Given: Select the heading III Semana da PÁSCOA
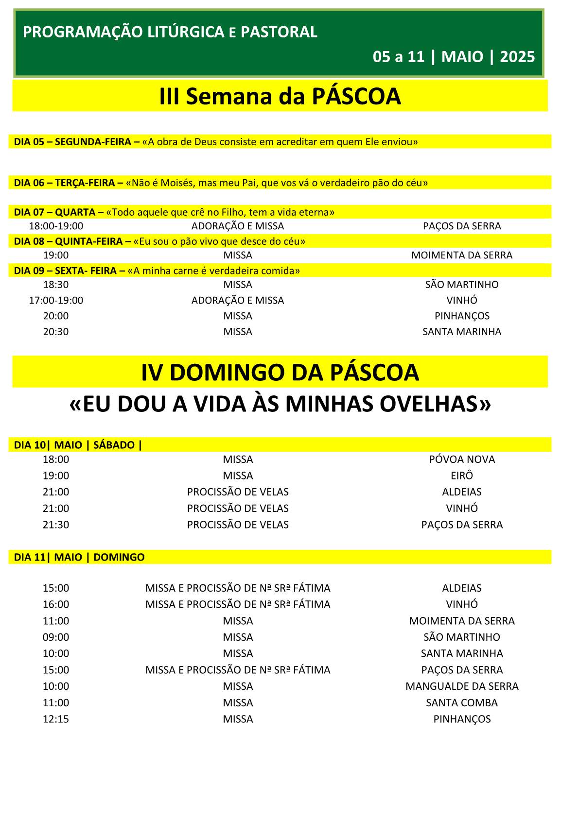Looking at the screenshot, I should [280, 96].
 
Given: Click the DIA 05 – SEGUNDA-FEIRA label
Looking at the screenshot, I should [72, 142].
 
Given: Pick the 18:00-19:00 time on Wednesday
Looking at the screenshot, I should [56, 226].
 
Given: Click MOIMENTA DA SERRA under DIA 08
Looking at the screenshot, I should [461, 255].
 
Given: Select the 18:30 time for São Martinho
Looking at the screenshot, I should [56, 285].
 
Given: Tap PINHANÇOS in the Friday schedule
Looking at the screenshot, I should [462, 316].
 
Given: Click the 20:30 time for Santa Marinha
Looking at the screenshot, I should [56, 332].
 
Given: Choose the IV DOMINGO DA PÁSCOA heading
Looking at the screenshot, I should [280, 373].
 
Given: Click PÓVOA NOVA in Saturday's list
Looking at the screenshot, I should [462, 460].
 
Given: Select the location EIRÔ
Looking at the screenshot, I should [462, 476].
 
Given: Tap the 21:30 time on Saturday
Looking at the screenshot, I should [56, 525].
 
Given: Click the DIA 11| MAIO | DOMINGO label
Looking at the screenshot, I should [79, 557].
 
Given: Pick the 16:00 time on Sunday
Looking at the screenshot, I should [56, 604].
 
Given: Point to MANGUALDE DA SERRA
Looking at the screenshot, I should [462, 686].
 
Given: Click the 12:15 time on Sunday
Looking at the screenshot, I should [56, 719].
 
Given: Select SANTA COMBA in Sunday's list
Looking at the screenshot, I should [462, 703].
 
